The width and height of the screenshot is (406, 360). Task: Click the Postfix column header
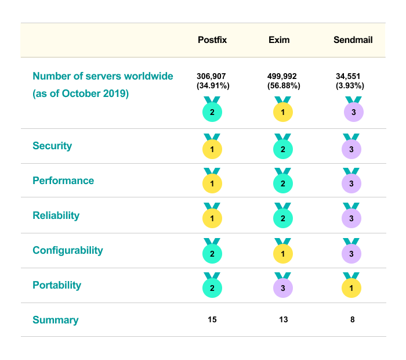(212, 40)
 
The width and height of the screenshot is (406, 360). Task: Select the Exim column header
(279, 40)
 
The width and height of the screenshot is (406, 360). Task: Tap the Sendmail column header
(353, 40)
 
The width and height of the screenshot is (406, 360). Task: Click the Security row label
(52, 146)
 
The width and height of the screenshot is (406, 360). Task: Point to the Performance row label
(63, 181)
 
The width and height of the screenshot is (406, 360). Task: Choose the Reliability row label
(56, 215)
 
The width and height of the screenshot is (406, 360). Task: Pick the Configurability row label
(68, 250)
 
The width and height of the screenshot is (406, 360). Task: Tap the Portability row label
(57, 285)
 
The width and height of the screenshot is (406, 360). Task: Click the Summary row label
(56, 320)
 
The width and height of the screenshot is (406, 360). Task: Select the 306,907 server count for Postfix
(213, 76)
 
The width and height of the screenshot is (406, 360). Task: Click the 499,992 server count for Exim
(282, 76)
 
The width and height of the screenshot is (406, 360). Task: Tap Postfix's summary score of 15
(212, 319)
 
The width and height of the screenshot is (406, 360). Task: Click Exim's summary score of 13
(282, 319)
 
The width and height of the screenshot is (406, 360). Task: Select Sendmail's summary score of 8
(352, 319)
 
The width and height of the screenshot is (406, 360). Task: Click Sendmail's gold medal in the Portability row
(352, 287)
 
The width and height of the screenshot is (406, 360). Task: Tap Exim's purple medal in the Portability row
(282, 287)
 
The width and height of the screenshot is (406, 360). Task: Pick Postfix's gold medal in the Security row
(212, 149)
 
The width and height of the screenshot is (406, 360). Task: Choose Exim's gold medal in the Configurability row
(282, 253)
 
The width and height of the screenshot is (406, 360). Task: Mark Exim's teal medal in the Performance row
(282, 183)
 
